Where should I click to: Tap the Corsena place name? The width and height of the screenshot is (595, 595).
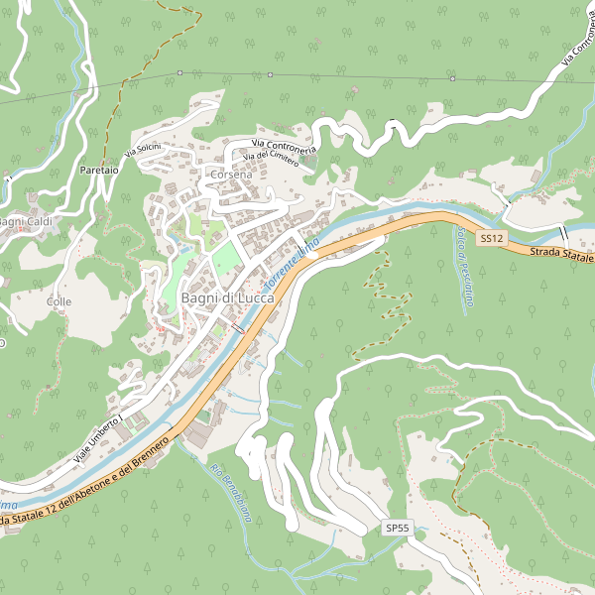[231, 174]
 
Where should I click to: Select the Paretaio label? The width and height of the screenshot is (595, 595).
[99, 171]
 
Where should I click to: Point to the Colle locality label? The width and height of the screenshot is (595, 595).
[59, 300]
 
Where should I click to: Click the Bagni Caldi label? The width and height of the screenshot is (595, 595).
[25, 220]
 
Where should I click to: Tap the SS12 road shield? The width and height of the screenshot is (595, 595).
[492, 239]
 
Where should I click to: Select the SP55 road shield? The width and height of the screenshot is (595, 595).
[398, 529]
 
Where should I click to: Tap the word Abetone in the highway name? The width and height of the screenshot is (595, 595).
[86, 489]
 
